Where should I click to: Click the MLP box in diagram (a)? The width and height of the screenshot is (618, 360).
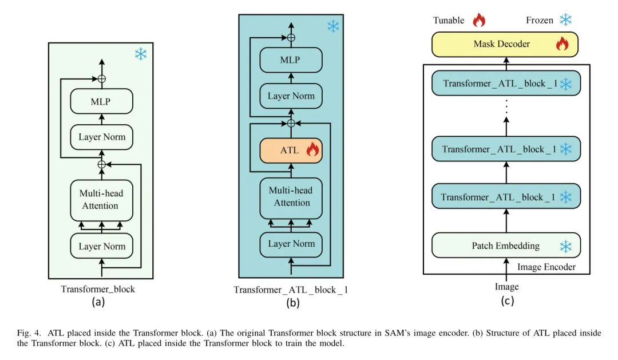(102, 102)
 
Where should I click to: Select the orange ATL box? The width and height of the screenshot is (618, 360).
(291, 151)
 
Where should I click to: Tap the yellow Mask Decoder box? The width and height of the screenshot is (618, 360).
(505, 44)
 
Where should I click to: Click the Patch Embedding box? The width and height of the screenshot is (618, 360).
(506, 246)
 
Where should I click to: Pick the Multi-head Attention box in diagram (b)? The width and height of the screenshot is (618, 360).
(291, 197)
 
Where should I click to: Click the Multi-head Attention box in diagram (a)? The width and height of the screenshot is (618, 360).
(102, 200)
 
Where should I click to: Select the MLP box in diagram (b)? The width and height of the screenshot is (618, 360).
(291, 60)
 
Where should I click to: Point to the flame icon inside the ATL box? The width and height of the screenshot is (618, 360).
(312, 151)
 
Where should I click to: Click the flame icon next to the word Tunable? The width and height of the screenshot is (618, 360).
(478, 20)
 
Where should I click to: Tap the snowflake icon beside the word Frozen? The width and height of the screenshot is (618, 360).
(565, 20)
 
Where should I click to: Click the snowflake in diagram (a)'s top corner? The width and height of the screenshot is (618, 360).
(140, 54)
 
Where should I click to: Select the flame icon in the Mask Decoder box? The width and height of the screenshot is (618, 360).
(562, 44)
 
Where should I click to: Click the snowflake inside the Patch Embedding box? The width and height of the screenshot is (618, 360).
(565, 247)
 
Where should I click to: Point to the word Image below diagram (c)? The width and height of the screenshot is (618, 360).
(507, 286)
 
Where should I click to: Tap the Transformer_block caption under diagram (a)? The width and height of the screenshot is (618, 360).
(98, 289)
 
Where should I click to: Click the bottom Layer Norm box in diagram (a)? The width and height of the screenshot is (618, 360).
(102, 247)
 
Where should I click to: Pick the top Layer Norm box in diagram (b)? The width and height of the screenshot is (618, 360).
(291, 96)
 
